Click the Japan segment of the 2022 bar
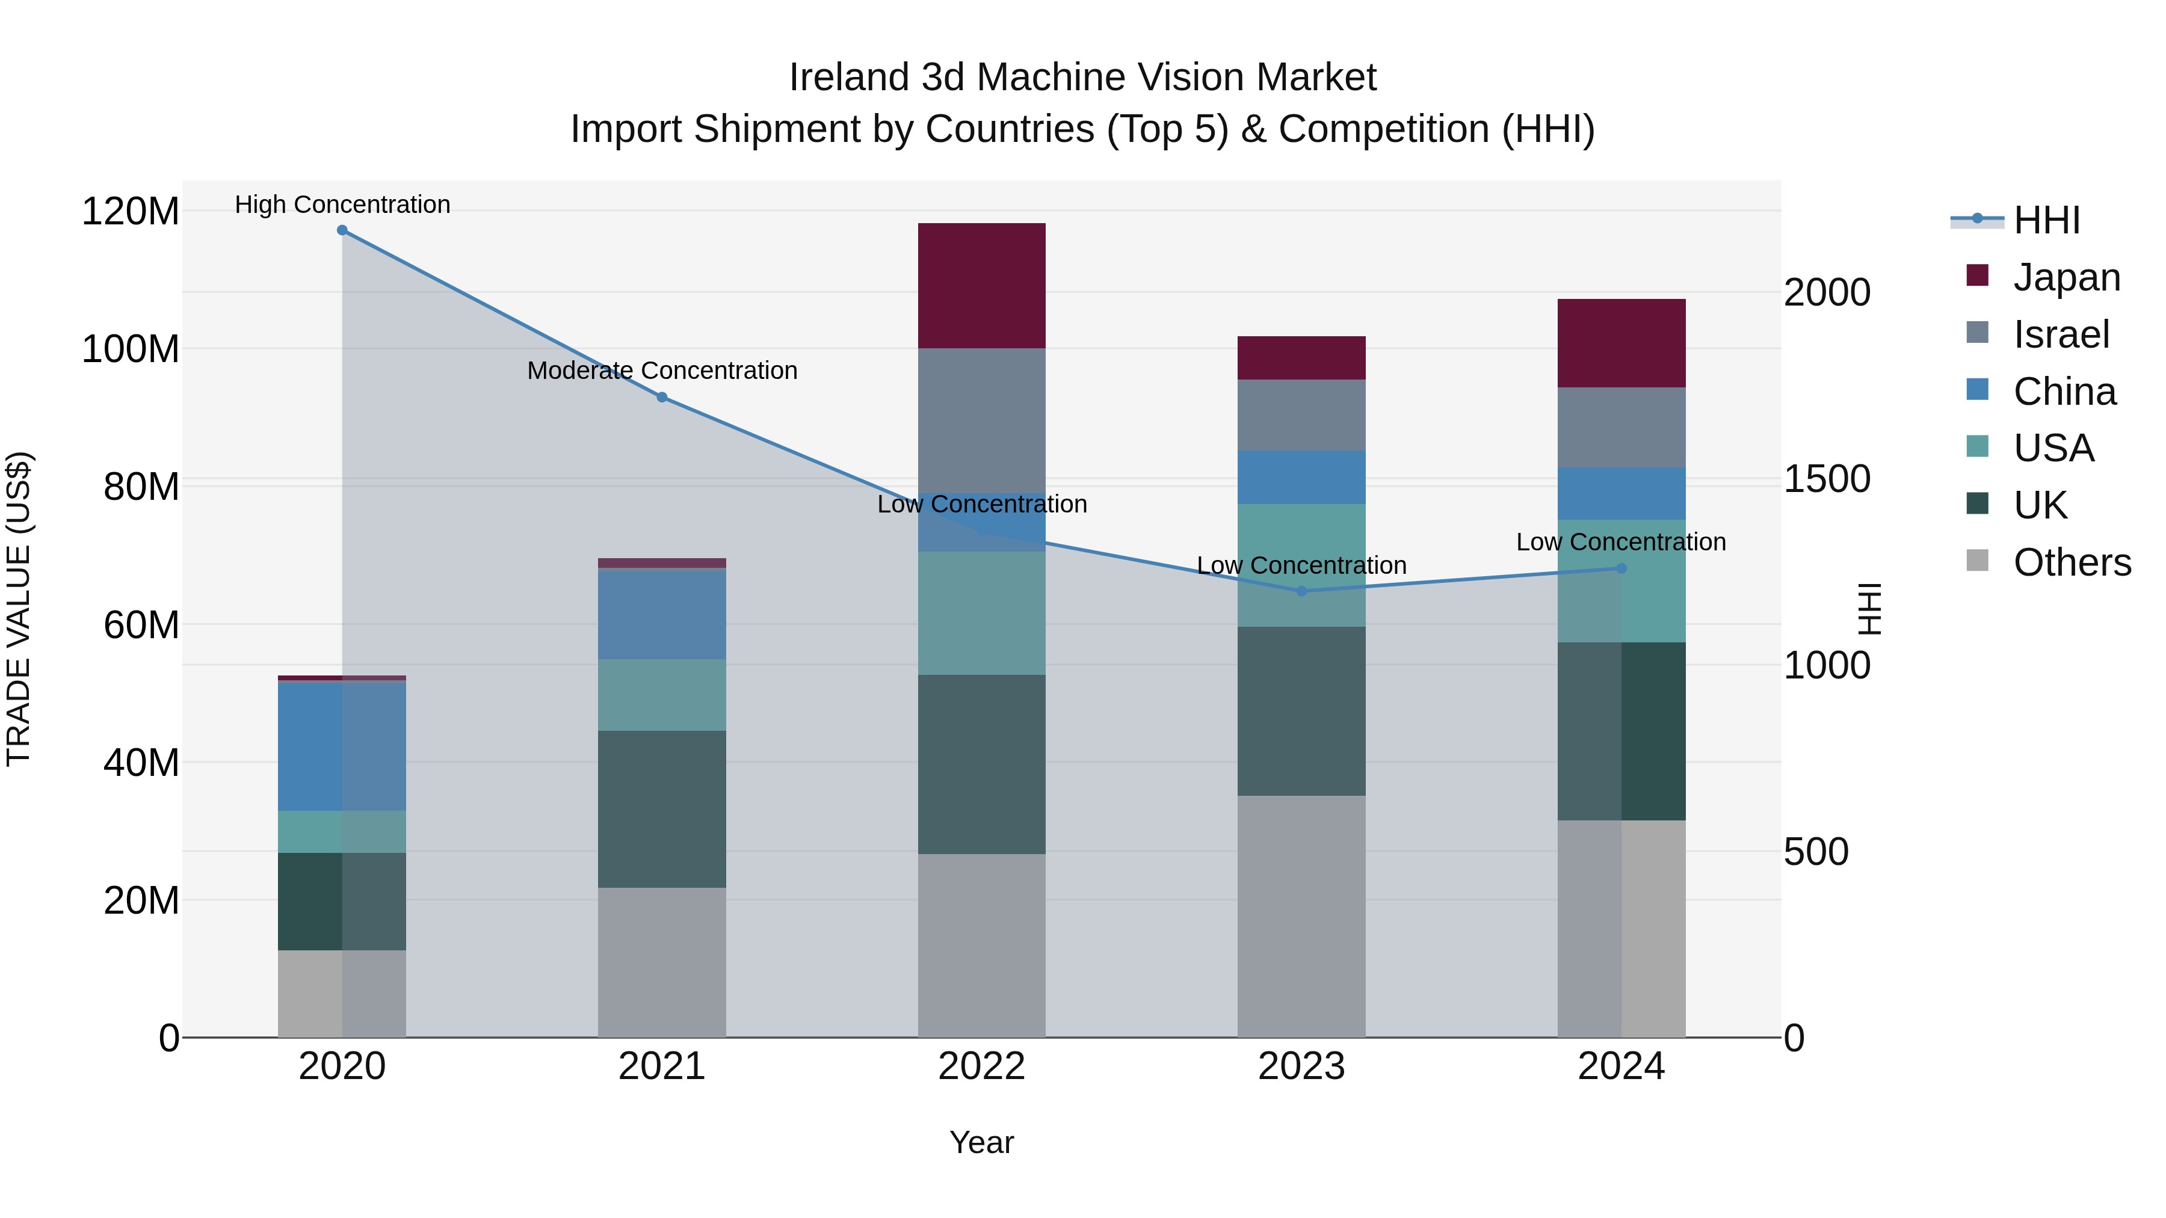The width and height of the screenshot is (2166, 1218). [x=981, y=286]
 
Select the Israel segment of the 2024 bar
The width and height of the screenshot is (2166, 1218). [x=1621, y=427]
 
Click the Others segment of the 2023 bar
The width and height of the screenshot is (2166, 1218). [x=1301, y=916]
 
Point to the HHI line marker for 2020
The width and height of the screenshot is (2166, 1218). [x=342, y=230]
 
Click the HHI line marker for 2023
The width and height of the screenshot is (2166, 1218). [x=1301, y=591]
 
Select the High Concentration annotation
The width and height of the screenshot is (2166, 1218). [x=342, y=205]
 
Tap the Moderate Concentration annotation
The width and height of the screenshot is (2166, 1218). [x=662, y=371]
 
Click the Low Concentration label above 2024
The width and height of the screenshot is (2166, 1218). [x=1620, y=542]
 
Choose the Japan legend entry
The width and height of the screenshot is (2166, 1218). [x=2066, y=277]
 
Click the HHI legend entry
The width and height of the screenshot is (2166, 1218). [x=2046, y=220]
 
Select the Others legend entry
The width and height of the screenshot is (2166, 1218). [x=2071, y=562]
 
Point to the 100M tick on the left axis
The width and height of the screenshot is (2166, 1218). [x=131, y=349]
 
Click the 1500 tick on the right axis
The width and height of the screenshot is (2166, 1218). [x=1826, y=479]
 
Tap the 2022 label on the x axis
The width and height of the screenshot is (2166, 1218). [x=981, y=1066]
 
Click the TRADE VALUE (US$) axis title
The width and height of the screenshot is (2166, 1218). [x=19, y=609]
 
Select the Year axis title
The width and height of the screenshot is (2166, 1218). [x=981, y=1142]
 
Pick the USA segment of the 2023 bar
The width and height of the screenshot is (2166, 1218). [x=1301, y=565]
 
